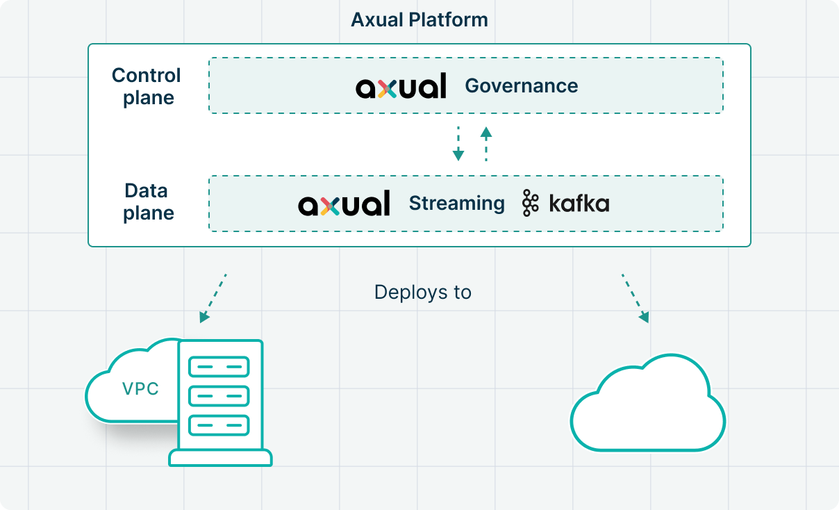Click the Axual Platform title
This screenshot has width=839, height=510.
419,19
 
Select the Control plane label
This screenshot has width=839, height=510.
147,86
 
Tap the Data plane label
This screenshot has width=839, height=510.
147,202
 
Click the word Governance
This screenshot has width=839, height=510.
521,86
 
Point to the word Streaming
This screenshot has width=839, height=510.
456,204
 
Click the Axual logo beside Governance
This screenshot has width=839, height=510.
401,86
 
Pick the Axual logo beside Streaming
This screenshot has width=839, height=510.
344,204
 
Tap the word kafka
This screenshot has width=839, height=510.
579,204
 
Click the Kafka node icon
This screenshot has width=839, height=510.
531,204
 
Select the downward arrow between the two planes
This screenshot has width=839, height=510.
458,144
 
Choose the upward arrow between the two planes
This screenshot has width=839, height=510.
486,144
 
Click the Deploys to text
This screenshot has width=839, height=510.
422,292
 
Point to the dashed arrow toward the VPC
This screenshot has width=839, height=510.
213,298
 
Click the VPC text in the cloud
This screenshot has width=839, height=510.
140,389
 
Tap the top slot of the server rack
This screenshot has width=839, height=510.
219,366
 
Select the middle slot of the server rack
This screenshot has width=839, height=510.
219,395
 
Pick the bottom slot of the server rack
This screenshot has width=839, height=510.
219,424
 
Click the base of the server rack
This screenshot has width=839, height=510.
220,458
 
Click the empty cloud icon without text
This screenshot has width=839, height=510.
647,406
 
